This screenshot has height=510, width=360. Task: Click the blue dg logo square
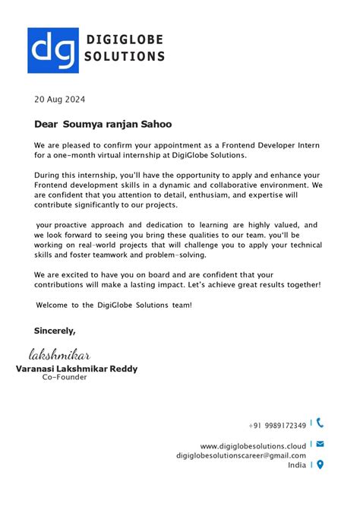[x=52, y=50]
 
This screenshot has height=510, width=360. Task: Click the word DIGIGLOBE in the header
[x=125, y=40]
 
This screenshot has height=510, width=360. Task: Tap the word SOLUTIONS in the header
[x=125, y=56]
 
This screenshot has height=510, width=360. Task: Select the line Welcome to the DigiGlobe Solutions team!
[x=114, y=305]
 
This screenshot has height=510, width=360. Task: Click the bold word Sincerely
[x=55, y=331]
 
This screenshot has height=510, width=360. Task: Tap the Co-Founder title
[x=65, y=377]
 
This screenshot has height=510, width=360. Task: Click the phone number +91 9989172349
[x=277, y=425]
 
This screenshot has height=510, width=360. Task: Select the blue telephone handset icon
[x=320, y=423]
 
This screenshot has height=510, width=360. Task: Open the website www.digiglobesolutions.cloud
[x=253, y=445]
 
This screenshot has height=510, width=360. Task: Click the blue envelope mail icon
[x=320, y=444]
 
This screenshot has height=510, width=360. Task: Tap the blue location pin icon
[x=320, y=464]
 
